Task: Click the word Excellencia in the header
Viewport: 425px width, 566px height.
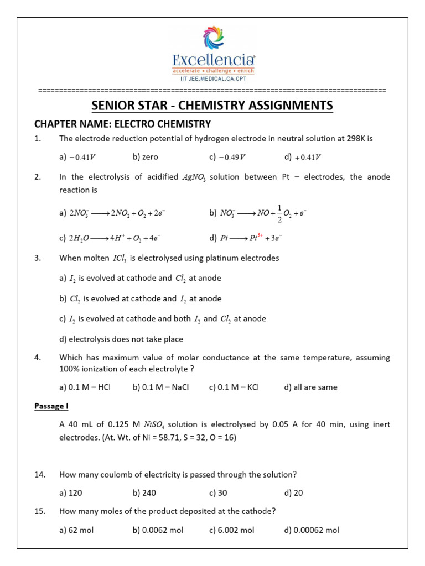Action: (x=213, y=60)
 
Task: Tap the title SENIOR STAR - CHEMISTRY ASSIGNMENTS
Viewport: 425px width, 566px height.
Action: (x=212, y=105)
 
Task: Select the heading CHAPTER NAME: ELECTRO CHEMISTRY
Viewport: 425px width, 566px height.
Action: (x=123, y=124)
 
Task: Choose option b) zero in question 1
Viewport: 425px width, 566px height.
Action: (x=146, y=157)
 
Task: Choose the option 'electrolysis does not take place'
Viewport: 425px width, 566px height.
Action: (x=121, y=339)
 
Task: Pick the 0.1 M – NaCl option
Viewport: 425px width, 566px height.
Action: (x=161, y=387)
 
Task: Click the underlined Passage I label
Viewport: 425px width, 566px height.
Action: (x=51, y=406)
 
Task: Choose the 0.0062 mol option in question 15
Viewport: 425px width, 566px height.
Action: (x=158, y=530)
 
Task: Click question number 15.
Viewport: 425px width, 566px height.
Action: (x=39, y=511)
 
